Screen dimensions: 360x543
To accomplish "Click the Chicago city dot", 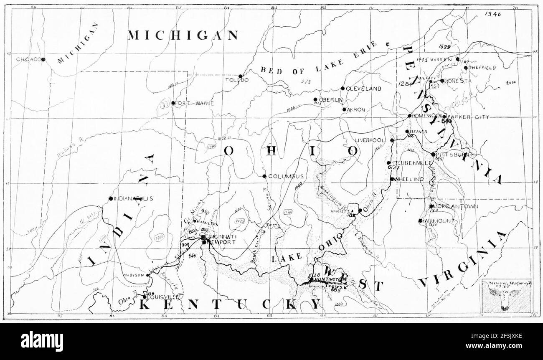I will click(43, 60).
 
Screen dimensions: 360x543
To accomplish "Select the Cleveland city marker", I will click(343, 89).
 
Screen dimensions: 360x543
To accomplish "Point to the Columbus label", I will click(286, 176).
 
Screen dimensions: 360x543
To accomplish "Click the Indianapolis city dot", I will click(110, 198).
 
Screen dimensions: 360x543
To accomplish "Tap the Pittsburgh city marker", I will click(433, 154).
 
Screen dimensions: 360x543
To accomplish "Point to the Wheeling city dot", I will click(392, 179).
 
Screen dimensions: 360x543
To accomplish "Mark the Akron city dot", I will click(344, 109).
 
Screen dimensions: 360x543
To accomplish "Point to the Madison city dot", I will click(148, 275).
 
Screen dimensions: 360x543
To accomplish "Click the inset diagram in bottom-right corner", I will click(507, 296).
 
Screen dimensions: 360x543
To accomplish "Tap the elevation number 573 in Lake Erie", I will click(307, 81).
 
